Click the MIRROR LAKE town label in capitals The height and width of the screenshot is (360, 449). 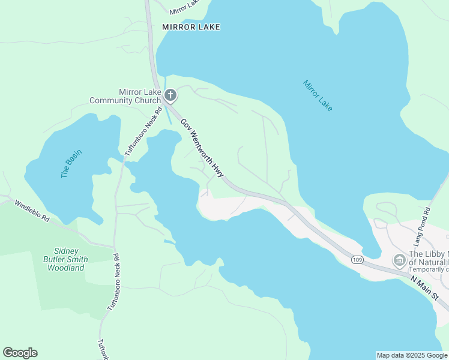coord(191,27)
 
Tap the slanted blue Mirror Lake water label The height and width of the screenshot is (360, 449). coord(318,95)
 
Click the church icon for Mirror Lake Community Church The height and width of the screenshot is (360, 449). coord(170,95)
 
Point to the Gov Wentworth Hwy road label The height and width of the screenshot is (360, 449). coord(202,146)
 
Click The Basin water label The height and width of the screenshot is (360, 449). coord(71,163)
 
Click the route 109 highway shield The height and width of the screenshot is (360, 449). coord(358,259)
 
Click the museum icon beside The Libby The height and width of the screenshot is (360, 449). coord(399,260)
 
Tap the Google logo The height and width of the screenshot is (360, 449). coord(20,353)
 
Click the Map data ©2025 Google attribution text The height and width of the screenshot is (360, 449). coord(412,355)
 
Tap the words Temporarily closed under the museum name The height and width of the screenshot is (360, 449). coord(429,270)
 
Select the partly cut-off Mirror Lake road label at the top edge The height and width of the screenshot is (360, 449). coord(184,7)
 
